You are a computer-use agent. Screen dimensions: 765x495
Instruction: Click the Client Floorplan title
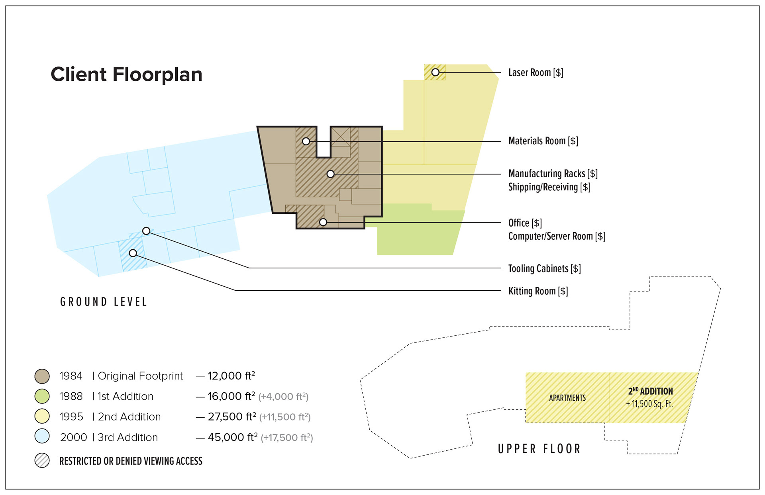coord(127,74)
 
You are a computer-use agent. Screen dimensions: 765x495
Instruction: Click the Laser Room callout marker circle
coord(435,72)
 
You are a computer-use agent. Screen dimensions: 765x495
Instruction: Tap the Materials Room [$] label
coord(543,141)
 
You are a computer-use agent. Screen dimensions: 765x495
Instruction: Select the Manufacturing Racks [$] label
coord(553,174)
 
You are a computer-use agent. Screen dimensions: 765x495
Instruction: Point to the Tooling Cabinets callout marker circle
coord(146,231)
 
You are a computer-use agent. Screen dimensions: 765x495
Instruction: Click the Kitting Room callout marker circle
coord(133,253)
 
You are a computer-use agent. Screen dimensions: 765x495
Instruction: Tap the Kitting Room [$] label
coord(538,291)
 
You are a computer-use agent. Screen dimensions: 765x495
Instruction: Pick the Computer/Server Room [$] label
coord(557,236)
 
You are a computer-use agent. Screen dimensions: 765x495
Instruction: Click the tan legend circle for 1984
coord(42,376)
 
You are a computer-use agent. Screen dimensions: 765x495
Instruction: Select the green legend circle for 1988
coord(42,396)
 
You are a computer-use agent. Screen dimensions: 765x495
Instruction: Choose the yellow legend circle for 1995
coord(42,417)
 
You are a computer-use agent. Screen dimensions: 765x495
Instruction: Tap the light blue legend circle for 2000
coord(42,436)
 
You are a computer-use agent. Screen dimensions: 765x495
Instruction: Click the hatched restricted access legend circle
coord(42,460)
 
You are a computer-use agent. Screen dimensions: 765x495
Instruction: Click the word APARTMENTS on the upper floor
coord(567,398)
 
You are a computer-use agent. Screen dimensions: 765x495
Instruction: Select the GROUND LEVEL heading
coord(104,302)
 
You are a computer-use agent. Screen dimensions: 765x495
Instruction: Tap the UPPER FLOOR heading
coord(539,449)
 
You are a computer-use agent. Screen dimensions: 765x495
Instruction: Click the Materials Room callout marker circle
coord(306,141)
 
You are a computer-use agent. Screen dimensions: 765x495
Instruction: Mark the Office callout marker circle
coord(323,222)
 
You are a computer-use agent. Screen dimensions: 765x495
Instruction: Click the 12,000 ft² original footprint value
coord(231,376)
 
